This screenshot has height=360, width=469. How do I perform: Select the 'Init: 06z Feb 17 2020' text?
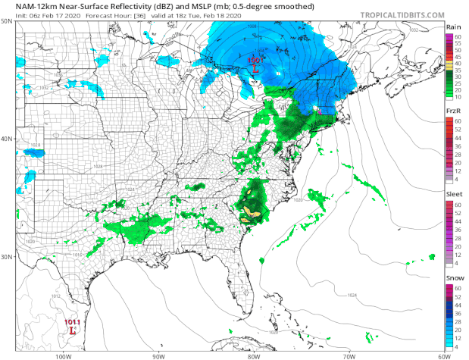click(37, 16)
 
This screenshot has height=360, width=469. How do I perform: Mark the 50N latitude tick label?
click(6, 21)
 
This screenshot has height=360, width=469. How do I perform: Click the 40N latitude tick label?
click(6, 139)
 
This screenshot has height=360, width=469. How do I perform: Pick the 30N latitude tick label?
click(6, 257)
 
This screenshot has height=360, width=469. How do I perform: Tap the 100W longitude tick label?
click(63, 355)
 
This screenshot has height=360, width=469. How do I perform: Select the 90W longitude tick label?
click(158, 355)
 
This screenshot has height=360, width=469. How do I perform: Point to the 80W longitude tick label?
click(253, 355)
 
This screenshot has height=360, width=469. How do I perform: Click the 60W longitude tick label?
click(443, 355)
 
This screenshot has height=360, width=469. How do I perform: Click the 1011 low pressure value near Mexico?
click(72, 322)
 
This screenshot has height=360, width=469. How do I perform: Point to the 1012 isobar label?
click(32, 296)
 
